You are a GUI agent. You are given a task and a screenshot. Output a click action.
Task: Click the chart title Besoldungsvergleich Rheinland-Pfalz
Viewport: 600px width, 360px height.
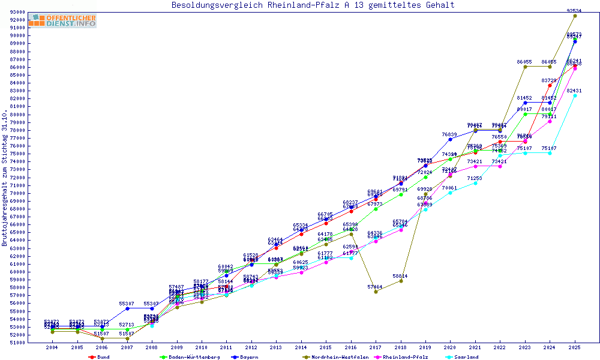click(313, 5)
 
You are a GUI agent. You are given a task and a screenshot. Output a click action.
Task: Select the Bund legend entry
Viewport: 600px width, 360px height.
click(103, 357)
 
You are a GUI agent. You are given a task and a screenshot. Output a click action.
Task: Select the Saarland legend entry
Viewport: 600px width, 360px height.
click(466, 357)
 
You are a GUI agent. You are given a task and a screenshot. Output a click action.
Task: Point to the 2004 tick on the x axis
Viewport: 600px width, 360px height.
click(53, 348)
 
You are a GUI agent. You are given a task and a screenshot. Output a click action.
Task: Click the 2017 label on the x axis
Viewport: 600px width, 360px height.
click(376, 348)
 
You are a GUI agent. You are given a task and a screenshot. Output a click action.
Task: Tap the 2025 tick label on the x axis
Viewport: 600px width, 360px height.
click(575, 348)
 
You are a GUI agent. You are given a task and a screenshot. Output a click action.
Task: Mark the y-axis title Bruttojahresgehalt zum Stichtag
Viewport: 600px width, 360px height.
click(5, 178)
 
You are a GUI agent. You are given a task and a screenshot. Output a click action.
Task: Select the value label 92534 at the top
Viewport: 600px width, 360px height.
click(575, 10)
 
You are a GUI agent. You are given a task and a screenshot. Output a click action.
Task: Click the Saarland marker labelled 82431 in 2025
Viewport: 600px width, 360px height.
click(575, 95)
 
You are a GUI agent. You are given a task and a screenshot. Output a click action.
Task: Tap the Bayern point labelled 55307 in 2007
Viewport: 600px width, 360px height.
click(127, 308)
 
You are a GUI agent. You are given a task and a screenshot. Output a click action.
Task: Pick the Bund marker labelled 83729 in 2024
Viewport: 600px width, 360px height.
click(550, 85)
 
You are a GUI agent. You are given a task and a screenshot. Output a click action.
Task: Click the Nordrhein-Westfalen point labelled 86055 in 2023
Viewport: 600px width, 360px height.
click(525, 67)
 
